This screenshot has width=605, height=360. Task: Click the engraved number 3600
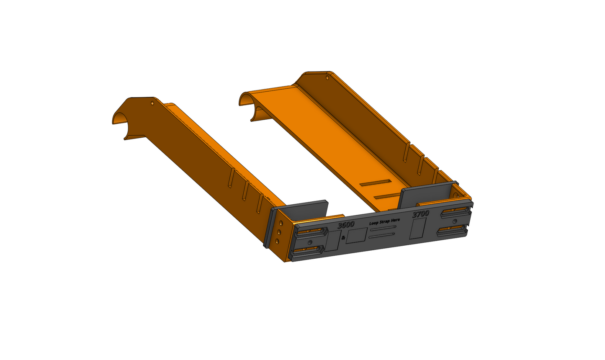pyautogui.click(x=346, y=224)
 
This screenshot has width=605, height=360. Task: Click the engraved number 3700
pyautogui.click(x=420, y=214)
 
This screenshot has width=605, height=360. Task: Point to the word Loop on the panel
pyautogui.click(x=374, y=223)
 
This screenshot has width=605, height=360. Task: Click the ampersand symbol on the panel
pyautogui.click(x=343, y=238)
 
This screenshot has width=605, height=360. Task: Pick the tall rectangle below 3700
pyautogui.click(x=417, y=229)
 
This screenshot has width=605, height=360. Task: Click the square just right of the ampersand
pyautogui.click(x=356, y=236)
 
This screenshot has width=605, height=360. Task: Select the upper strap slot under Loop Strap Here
pyautogui.click(x=383, y=228)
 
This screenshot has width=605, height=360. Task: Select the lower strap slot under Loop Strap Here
pyautogui.click(x=382, y=235)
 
